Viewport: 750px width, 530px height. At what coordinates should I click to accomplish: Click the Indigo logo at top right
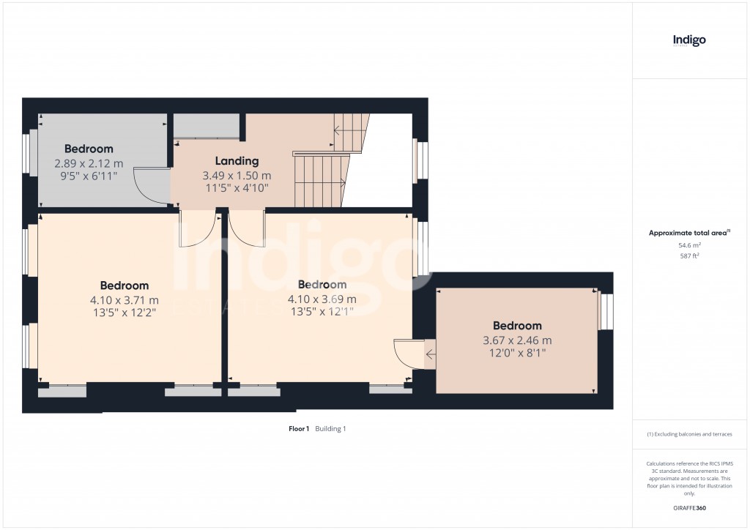pos(689,41)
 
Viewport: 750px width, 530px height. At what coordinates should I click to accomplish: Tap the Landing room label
pos(237,161)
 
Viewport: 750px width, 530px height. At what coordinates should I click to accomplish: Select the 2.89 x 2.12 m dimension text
pos(88,163)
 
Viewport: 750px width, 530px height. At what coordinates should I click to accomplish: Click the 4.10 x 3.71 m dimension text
pos(124,299)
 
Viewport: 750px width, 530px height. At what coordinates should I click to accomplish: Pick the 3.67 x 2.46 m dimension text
pos(517,340)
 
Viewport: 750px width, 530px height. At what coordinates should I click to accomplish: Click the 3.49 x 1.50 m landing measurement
pos(237,176)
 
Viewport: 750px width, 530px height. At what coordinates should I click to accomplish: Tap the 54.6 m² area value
pos(689,245)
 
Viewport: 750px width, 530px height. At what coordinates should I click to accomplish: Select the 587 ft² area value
pos(689,255)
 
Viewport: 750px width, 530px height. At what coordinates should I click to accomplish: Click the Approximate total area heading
pos(689,233)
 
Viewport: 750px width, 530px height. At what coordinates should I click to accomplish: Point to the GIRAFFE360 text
pos(689,508)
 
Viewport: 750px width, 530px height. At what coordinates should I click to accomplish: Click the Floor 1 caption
pos(299,429)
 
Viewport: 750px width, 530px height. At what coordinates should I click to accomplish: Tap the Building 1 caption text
pos(330,429)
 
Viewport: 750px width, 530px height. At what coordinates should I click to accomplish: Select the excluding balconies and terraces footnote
pos(689,434)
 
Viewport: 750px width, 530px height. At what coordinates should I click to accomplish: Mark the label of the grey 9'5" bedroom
pos(88,149)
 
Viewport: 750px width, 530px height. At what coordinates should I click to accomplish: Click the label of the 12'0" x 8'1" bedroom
pos(517,326)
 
